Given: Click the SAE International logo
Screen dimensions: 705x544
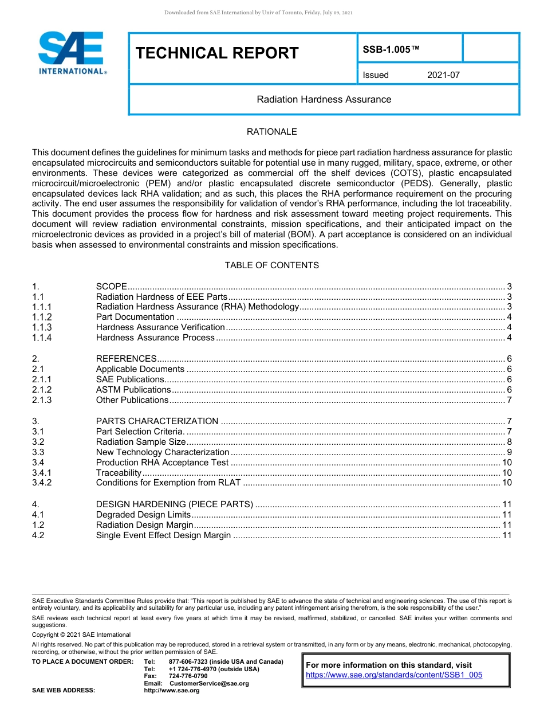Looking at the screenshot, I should point(71,53).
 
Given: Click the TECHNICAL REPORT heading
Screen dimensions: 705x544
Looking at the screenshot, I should point(217,53).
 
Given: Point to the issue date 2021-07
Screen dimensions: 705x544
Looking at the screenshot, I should point(443,75).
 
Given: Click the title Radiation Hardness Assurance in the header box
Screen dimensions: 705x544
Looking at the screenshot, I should point(324,99).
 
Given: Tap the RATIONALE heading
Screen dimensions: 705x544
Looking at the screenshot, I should point(271,132).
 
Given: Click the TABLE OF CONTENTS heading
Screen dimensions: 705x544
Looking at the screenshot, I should point(271,265).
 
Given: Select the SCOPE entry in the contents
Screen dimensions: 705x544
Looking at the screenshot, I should point(111,287).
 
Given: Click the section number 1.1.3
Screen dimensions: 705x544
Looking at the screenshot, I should point(42,327).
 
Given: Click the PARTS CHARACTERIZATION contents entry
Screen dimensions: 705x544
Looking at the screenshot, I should point(157,421).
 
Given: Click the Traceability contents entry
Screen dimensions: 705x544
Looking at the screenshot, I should point(119,473).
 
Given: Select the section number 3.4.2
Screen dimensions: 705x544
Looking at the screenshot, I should point(42,483).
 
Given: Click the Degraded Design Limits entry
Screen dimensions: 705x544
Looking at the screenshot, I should point(143,515).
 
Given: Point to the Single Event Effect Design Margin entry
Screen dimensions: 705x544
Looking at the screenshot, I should point(163,535).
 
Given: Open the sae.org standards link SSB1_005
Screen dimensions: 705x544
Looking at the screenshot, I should point(394,675).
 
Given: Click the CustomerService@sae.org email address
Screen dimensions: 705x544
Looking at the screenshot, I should point(209,683).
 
